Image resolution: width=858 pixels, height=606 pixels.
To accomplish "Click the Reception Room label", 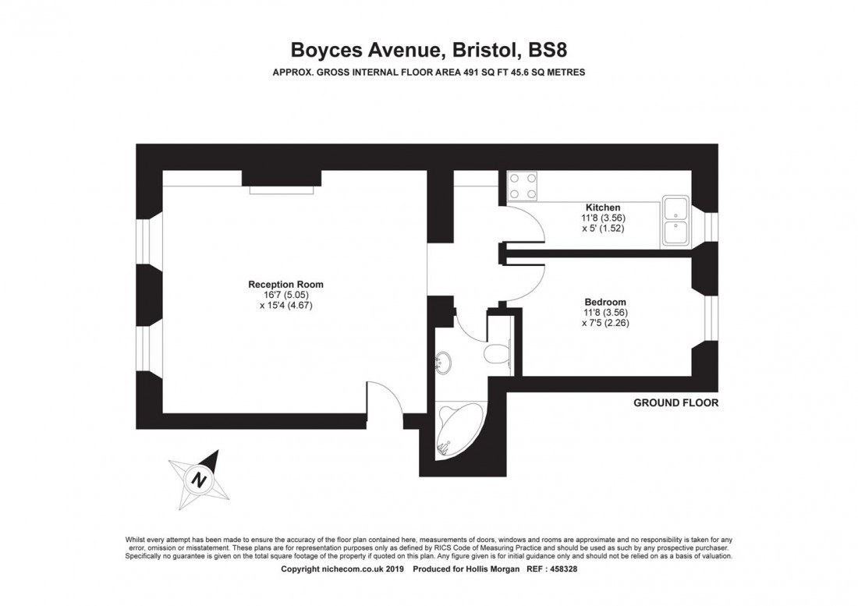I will pos(285,285).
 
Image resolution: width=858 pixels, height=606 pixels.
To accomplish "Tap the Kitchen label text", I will pos(603,207).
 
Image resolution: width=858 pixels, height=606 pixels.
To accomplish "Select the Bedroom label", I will pos(605,303).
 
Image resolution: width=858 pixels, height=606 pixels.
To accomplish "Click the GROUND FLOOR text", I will pos(675,403).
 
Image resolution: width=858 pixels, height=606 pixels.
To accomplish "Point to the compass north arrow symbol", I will pos(200,478).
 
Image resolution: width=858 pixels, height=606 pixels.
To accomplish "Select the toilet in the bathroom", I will pos(497,355).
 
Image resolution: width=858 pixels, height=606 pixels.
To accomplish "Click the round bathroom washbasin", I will pos(445,360).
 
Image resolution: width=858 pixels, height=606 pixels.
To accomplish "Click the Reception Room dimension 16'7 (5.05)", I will pos(285,296).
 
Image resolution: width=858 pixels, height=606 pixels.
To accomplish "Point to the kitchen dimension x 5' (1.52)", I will pos(603,229).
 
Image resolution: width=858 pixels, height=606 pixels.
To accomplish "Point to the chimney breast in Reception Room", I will pos(278,179).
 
